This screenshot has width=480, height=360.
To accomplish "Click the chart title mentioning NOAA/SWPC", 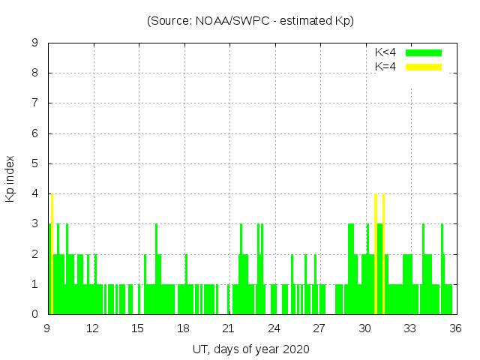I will [x=250, y=21].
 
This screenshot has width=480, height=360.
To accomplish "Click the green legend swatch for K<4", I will [x=424, y=52].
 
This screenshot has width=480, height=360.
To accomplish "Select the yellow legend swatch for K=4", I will [x=424, y=67].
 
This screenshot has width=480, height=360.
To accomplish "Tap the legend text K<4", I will [x=385, y=52].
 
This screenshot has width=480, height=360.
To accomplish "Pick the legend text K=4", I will [x=385, y=67].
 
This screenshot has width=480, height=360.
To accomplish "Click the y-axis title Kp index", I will [x=10, y=178].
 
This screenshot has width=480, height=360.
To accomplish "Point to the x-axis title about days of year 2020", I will [x=250, y=349].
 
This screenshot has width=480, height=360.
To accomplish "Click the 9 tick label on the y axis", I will [x=34, y=43].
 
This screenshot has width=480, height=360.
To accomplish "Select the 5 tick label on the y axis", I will [x=34, y=163].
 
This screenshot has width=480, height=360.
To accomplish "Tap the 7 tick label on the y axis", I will [x=34, y=103].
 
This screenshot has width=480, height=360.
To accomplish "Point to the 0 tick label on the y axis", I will [x=34, y=314].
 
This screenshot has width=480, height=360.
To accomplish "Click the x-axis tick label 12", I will [x=93, y=328].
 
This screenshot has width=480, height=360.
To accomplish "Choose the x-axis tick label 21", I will [x=229, y=328].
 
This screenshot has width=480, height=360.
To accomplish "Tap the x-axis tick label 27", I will [x=319, y=328].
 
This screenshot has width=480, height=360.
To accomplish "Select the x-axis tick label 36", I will [x=455, y=328].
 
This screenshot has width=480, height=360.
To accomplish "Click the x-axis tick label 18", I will [x=184, y=328].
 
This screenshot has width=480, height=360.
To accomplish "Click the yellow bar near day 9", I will [x=52, y=255].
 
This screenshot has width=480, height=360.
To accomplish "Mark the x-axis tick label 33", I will [x=409, y=328].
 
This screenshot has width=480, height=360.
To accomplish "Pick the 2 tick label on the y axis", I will [x=34, y=254].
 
